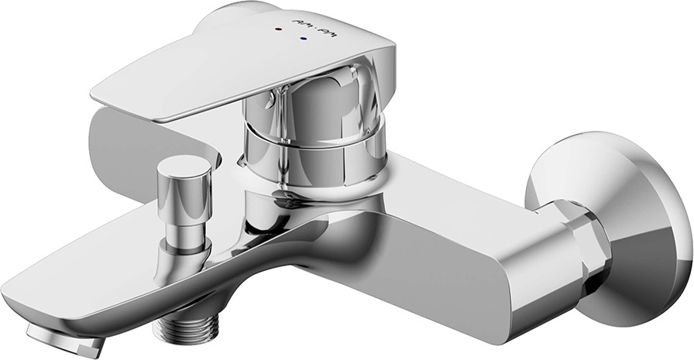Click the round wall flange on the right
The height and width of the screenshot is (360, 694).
620,225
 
